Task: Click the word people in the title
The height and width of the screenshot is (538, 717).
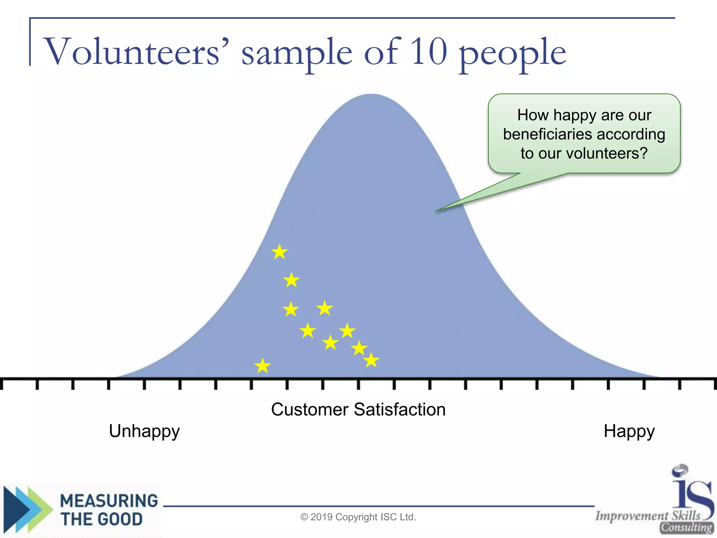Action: pyautogui.click(x=513, y=54)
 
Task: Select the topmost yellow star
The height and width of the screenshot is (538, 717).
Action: pyautogui.click(x=279, y=252)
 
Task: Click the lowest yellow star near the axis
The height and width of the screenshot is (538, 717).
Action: pyautogui.click(x=263, y=366)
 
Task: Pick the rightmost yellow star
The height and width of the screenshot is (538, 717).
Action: pyautogui.click(x=371, y=360)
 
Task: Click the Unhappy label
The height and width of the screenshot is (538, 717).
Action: pyautogui.click(x=144, y=431)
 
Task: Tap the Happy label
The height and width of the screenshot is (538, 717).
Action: pyautogui.click(x=629, y=431)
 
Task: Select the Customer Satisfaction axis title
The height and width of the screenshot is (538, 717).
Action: pyautogui.click(x=358, y=409)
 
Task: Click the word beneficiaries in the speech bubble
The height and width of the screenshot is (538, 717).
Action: pyautogui.click(x=548, y=134)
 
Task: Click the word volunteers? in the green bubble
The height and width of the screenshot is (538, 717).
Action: pyautogui.click(x=607, y=153)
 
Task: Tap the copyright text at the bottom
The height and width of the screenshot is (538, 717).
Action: pyautogui.click(x=358, y=517)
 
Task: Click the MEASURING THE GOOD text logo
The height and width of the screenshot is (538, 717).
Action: pyautogui.click(x=109, y=510)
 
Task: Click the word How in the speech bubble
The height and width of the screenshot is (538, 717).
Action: pyautogui.click(x=532, y=115)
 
